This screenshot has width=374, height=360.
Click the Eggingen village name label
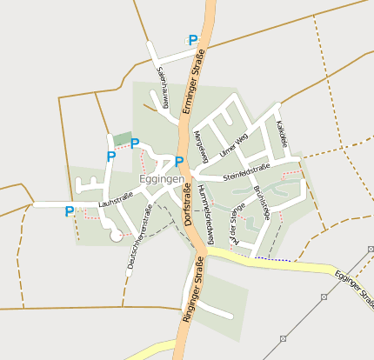[161, 179]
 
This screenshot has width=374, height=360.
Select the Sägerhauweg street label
[162, 83]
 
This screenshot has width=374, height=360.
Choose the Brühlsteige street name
[262, 201]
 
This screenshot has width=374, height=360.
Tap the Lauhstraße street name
[116, 201]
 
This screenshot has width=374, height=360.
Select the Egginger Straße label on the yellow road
[352, 288]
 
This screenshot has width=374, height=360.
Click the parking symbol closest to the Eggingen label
[179, 161]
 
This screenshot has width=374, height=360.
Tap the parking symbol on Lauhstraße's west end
[69, 210]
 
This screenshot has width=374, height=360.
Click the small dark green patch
[122, 139]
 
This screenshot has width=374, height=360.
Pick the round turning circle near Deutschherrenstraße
[116, 235]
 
